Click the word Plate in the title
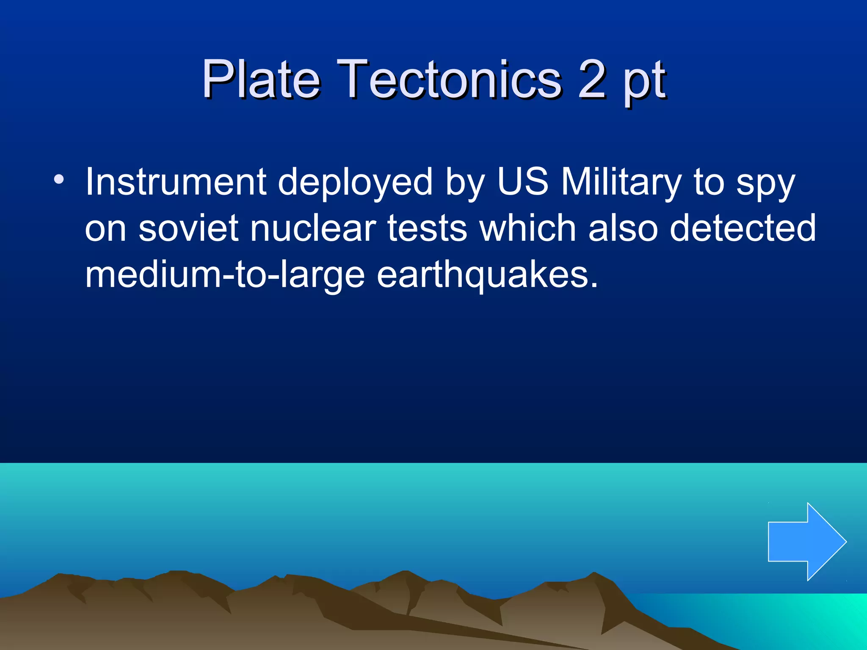[260, 79]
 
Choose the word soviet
[188, 229]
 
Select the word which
[527, 229]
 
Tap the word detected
[743, 229]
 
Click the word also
[623, 229]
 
